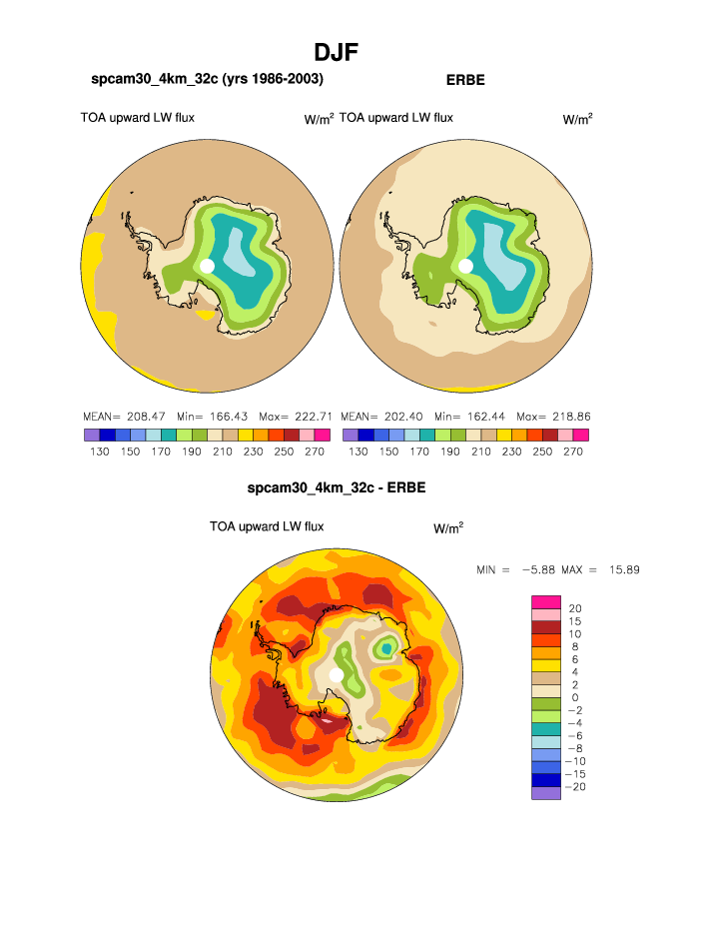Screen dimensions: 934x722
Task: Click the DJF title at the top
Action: (336, 52)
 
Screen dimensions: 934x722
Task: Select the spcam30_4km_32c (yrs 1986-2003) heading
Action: (207, 79)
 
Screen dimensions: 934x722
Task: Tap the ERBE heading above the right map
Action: (464, 80)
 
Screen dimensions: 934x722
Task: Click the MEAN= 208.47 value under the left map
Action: (116, 416)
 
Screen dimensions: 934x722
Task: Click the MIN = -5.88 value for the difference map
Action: (520, 569)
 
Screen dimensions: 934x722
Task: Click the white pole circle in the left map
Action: (207, 266)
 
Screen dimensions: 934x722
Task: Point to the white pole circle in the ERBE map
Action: (465, 266)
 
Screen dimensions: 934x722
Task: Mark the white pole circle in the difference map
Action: (337, 676)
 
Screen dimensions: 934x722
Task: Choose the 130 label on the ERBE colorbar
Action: (358, 452)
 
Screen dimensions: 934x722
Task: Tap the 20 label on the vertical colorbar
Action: (574, 607)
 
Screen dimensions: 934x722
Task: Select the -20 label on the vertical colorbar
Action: (576, 787)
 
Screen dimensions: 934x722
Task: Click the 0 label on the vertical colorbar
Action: (574, 697)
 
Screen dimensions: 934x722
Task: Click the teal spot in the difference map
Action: (385, 649)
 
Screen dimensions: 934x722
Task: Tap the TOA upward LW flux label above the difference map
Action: (267, 526)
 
